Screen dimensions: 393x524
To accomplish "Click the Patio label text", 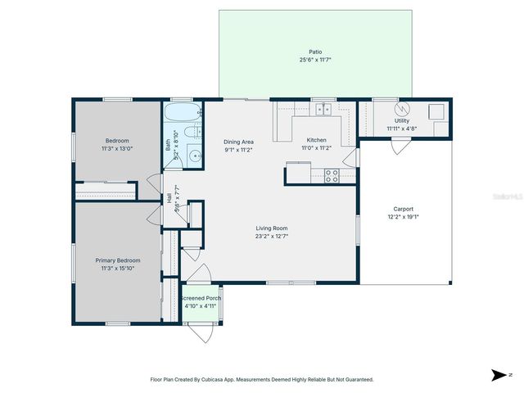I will click(x=315, y=51).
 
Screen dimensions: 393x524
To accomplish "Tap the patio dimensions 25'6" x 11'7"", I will click(x=315, y=59).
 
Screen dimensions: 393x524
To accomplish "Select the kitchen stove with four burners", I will click(x=332, y=173).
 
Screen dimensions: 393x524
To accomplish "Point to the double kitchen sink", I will click(x=324, y=108).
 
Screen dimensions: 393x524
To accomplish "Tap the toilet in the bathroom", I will click(x=191, y=133).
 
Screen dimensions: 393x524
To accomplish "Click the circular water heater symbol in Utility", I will click(x=401, y=109).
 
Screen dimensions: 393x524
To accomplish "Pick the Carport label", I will click(x=403, y=209).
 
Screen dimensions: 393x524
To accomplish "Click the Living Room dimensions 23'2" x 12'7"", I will click(x=271, y=237).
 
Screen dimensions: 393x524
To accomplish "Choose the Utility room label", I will click(x=402, y=120).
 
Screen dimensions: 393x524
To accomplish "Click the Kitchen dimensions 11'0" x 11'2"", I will click(x=316, y=148).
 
